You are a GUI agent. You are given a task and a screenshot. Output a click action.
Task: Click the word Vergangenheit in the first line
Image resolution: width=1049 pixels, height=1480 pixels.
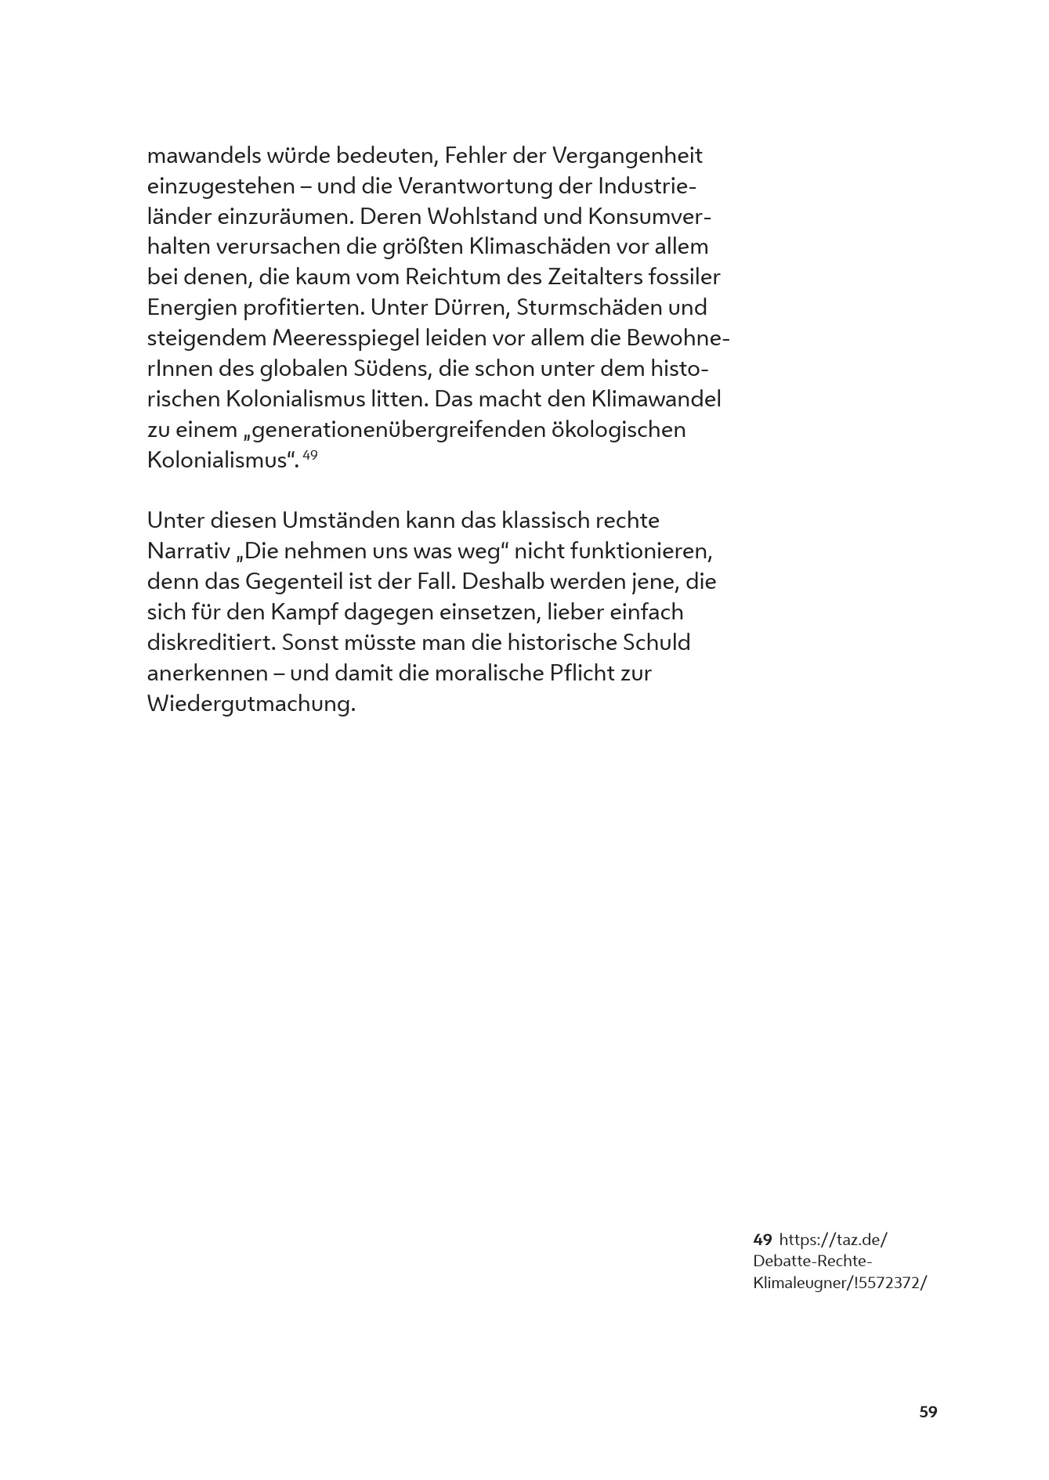627,156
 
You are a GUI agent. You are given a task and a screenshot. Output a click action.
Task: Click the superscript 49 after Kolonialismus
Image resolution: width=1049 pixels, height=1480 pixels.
309,455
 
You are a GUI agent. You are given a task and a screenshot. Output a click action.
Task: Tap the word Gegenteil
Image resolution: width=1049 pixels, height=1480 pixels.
298,582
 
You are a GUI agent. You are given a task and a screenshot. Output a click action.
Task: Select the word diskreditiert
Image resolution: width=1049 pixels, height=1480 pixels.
211,643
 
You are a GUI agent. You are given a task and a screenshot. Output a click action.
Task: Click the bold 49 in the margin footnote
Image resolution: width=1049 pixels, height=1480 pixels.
762,1240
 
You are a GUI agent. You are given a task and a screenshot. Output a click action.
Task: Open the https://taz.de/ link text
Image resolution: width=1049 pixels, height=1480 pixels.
834,1240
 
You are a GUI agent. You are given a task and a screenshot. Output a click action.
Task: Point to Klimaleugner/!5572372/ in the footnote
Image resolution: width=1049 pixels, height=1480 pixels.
839,1283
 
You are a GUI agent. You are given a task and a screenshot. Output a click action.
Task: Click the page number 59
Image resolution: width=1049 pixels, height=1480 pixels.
928,1412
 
